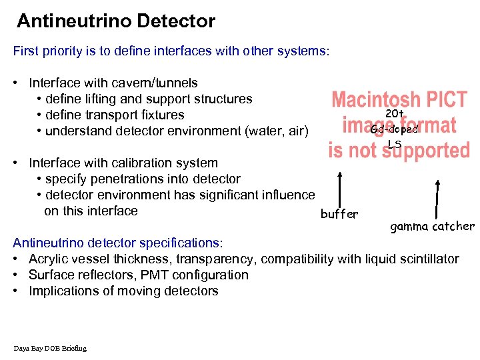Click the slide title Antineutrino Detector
click(x=116, y=21)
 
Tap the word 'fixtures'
click(x=162, y=115)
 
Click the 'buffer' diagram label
click(x=339, y=214)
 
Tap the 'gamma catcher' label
click(x=432, y=227)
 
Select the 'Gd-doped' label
click(x=394, y=129)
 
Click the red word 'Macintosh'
click(x=376, y=101)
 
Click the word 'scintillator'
click(x=426, y=259)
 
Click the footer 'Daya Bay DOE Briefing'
click(x=49, y=348)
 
